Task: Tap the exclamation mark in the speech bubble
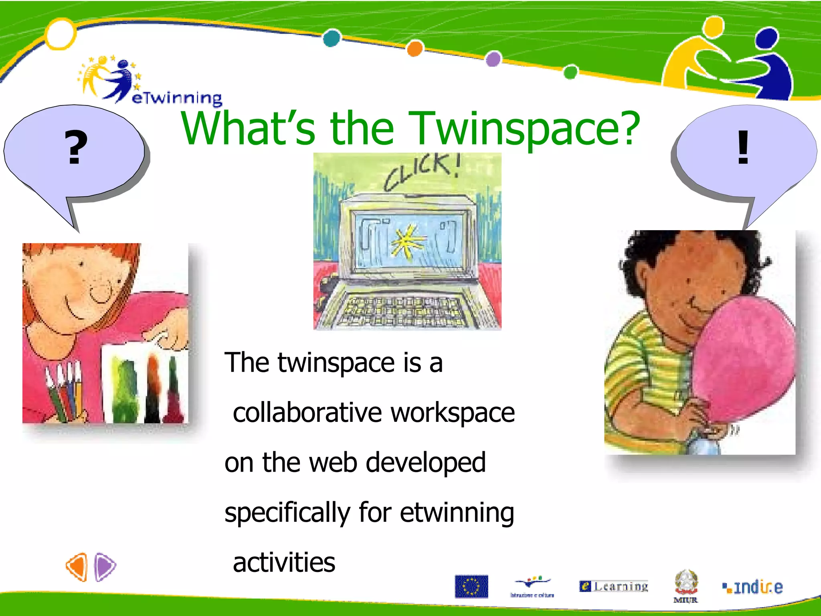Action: [x=743, y=147]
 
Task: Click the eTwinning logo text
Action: [x=176, y=98]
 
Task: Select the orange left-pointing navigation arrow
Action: [x=77, y=567]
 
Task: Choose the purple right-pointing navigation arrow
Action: [x=105, y=567]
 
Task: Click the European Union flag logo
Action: [x=471, y=586]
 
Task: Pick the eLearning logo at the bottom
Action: [x=614, y=586]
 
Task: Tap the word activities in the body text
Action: [x=284, y=562]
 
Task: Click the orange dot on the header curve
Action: [x=415, y=49]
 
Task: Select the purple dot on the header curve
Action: [x=493, y=59]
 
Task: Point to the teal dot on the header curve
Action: [x=332, y=38]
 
